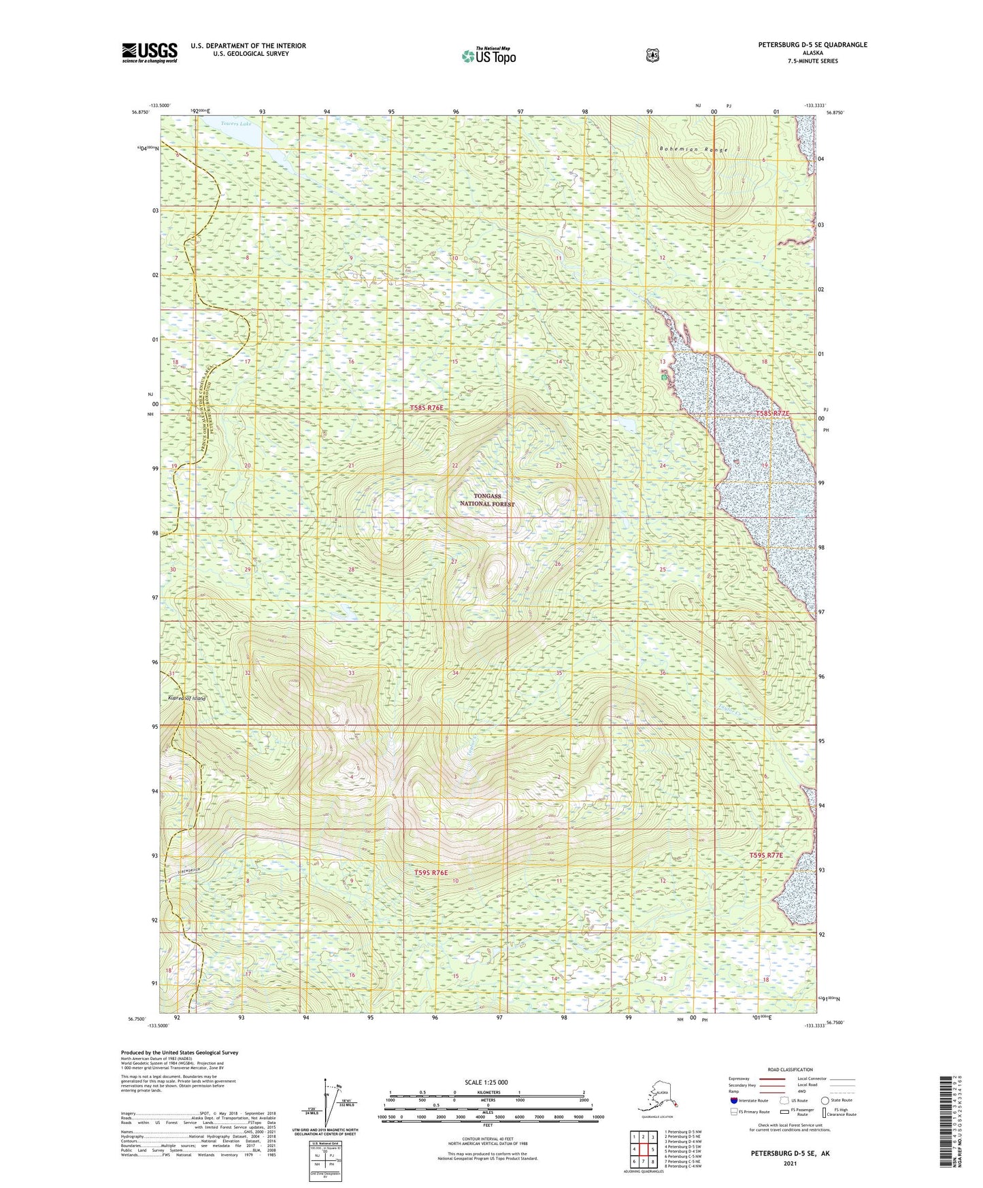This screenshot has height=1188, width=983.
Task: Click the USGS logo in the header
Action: pyautogui.click(x=150, y=52)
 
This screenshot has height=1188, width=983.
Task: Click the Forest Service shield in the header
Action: pyautogui.click(x=652, y=55)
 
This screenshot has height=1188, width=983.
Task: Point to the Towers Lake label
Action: pyautogui.click(x=236, y=124)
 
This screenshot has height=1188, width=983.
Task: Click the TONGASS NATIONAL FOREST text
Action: pyautogui.click(x=487, y=500)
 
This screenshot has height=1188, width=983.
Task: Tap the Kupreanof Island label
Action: pyautogui.click(x=186, y=698)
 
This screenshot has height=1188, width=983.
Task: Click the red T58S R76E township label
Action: pyautogui.click(x=427, y=408)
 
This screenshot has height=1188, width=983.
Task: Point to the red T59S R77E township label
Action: pyautogui.click(x=766, y=855)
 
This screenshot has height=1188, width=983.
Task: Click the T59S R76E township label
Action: pyautogui.click(x=431, y=872)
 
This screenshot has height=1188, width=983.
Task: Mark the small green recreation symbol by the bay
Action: pyautogui.click(x=663, y=376)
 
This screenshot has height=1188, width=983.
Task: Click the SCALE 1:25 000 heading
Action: pyautogui.click(x=486, y=1082)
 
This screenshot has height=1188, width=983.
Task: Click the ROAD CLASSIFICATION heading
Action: pyautogui.click(x=790, y=1070)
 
